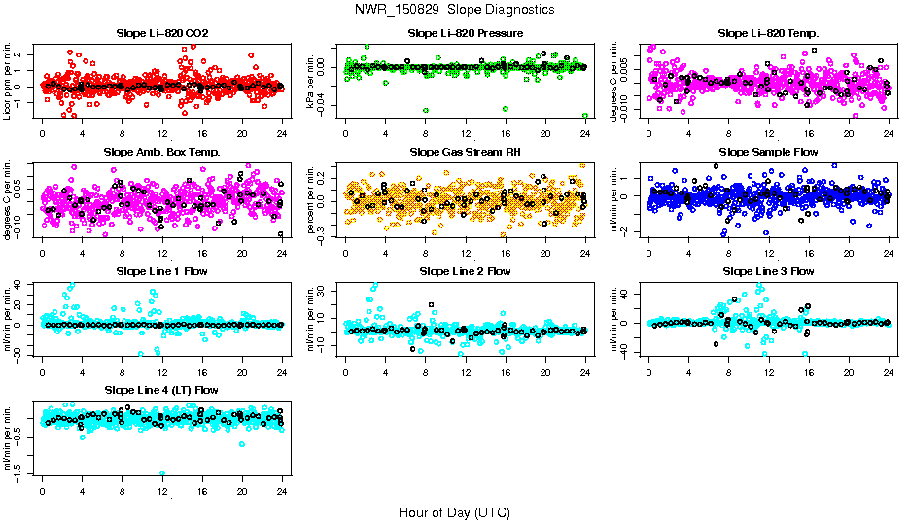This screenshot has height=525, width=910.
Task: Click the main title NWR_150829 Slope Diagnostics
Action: tap(455, 9)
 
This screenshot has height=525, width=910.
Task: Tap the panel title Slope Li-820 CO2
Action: tap(161, 33)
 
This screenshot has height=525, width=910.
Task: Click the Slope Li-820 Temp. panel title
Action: tap(769, 33)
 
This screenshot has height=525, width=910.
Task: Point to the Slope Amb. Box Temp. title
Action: tap(161, 152)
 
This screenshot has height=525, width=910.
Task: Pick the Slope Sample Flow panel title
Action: tap(769, 152)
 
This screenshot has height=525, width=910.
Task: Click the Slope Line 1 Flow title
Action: tap(161, 270)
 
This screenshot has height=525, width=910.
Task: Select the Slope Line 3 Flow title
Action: tap(769, 270)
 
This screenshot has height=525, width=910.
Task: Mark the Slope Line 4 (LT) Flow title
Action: tap(161, 389)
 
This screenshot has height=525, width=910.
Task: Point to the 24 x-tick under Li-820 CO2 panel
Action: tap(282, 134)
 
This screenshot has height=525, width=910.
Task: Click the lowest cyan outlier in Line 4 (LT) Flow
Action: tap(162, 473)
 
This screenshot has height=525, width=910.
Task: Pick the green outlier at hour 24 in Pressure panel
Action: tap(585, 115)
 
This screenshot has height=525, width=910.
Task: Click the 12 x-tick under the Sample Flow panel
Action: tap(769, 253)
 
